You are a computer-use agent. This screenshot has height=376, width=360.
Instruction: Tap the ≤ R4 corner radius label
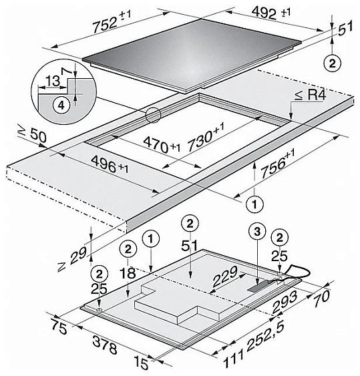point(311,96)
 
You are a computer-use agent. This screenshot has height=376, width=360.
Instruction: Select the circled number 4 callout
point(61,105)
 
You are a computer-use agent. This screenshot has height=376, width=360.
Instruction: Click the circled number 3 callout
point(257,232)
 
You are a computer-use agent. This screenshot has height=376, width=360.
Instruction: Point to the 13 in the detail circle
point(53,81)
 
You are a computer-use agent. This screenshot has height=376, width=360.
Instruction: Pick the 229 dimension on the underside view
point(225,276)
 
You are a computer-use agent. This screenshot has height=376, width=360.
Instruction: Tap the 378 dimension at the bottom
point(105,345)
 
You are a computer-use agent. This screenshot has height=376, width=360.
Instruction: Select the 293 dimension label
point(285,303)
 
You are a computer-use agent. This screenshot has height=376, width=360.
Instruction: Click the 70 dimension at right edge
point(322,297)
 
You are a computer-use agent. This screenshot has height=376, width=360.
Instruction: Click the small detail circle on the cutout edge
point(153,115)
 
